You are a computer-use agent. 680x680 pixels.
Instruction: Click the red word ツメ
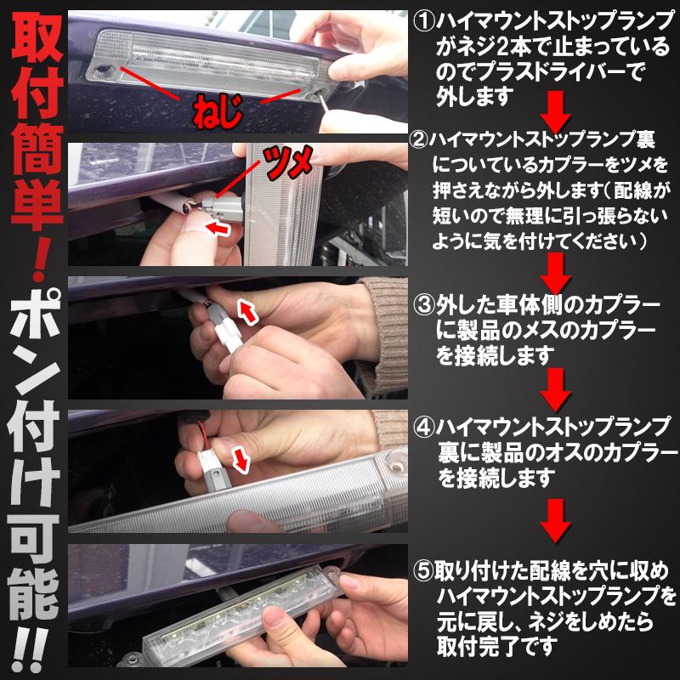coord(285,161)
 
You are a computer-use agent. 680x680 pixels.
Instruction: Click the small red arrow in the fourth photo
coord(242,460)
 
